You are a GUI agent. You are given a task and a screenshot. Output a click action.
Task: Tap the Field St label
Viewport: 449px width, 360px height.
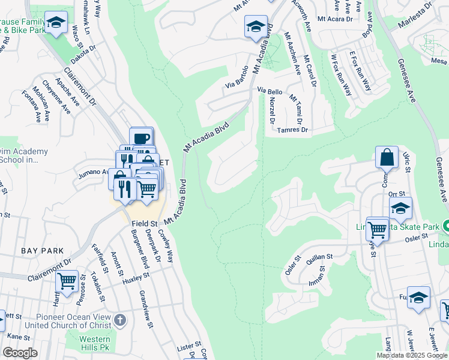[x=144, y=224]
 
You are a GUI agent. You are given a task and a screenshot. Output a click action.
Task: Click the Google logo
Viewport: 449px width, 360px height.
[x=20, y=353]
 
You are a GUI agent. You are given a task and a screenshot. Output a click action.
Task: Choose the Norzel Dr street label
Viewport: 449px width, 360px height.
[x=271, y=111]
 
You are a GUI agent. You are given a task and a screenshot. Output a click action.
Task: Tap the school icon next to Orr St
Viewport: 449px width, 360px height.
[x=400, y=208]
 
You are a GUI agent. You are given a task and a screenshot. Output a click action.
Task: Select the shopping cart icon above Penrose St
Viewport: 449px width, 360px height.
[x=67, y=280]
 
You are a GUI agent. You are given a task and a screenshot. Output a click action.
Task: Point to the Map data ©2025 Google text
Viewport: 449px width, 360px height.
[x=412, y=355]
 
